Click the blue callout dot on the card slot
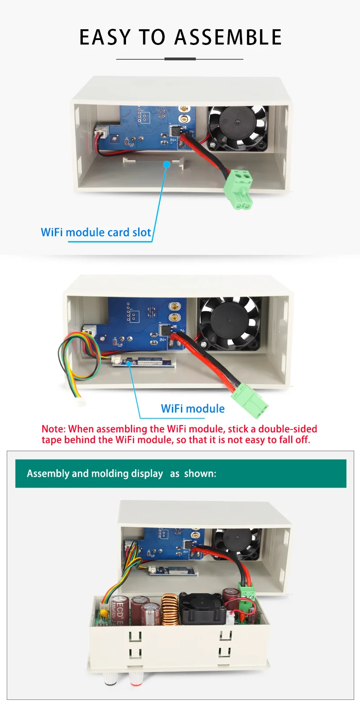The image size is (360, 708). (x=166, y=165)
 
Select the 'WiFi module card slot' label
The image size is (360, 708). (x=96, y=233)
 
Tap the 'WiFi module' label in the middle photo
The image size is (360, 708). (x=193, y=408)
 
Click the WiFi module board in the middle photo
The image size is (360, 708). (x=143, y=363)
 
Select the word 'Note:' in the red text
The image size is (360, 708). (x=54, y=429)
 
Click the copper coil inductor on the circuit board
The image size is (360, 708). (x=170, y=610)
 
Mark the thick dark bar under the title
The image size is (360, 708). (x=180, y=59)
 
